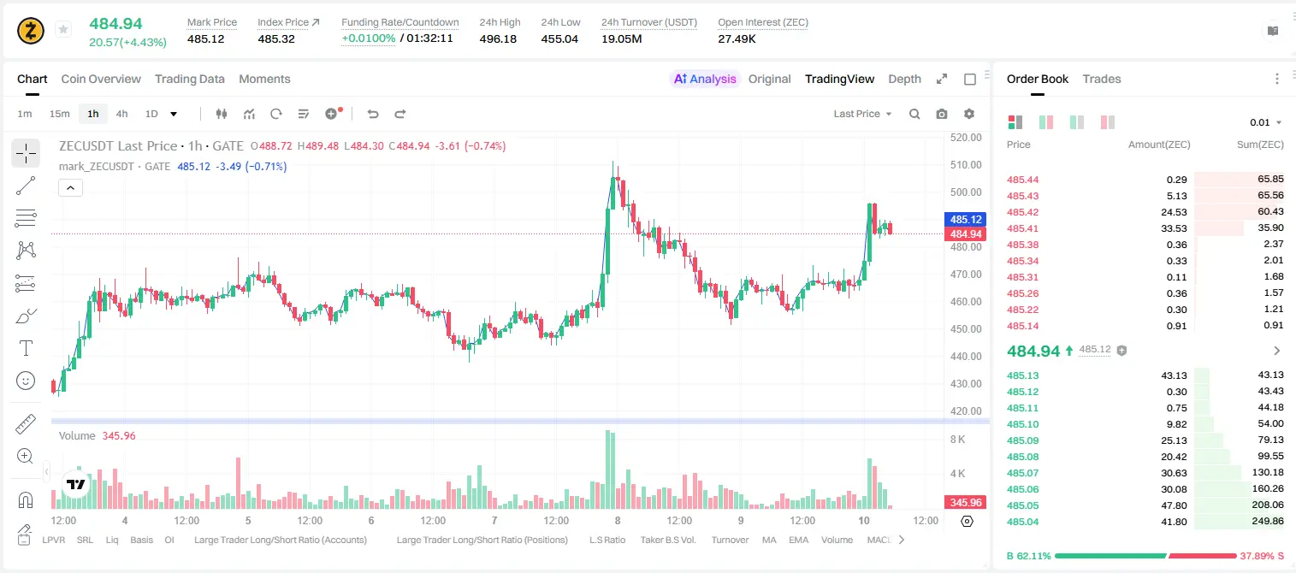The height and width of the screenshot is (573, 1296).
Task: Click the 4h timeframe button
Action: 121,114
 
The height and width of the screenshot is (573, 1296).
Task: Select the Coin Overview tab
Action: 101,79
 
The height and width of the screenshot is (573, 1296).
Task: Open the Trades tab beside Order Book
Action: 1102,79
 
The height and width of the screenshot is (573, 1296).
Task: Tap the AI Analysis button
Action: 705,79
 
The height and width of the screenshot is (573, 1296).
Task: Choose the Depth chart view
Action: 904,79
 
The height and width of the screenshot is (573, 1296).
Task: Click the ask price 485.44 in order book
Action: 1022,180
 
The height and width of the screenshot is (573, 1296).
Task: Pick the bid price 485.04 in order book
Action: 1022,522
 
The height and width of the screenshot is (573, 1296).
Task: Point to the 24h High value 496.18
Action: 498,38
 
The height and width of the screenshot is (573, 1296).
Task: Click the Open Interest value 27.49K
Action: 737,38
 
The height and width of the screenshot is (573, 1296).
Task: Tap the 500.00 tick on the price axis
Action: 966,192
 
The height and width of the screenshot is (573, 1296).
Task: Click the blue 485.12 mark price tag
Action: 965,220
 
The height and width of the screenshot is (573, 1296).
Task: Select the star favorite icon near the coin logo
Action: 63,29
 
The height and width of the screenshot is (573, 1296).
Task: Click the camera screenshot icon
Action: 942,114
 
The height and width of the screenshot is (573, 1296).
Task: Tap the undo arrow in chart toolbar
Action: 373,114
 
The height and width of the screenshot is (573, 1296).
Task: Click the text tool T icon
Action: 26,348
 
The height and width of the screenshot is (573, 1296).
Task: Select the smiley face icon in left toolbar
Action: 26,381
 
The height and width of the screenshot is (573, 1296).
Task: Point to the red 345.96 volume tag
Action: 965,503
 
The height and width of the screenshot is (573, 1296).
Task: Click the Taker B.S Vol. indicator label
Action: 667,540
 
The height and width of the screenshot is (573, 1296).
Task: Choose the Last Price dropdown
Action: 862,114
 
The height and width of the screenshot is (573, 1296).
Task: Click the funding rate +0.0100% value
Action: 369,38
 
